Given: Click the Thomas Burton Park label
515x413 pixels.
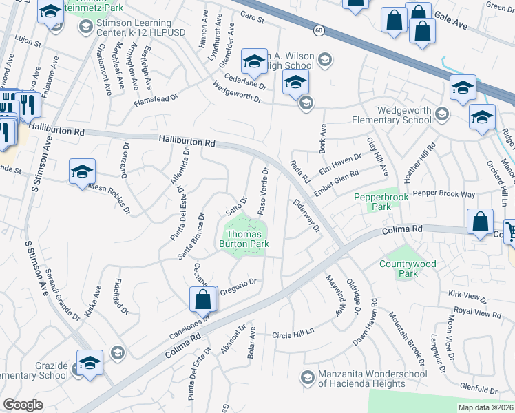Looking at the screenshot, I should click(x=244, y=238).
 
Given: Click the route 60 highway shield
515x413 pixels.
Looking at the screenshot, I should click(x=318, y=30).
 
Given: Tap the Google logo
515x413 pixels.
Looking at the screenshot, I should click(x=23, y=405).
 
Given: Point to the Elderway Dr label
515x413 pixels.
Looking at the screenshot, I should click(x=307, y=215).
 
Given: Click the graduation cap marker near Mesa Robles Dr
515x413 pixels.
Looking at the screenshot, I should click(x=82, y=171).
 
